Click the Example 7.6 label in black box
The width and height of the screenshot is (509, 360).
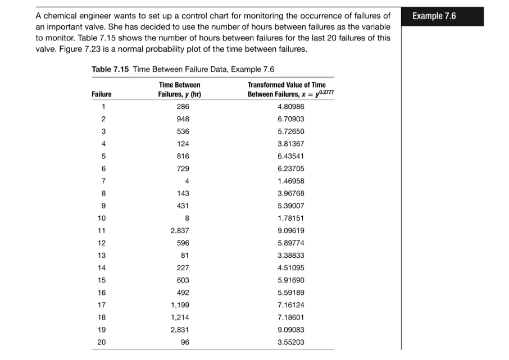(434, 16)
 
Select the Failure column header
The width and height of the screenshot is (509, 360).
(101, 94)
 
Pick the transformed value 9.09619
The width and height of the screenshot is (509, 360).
(291, 230)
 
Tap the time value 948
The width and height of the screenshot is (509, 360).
(183, 119)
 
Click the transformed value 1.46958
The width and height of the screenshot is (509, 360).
(291, 181)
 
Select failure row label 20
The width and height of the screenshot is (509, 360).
(102, 341)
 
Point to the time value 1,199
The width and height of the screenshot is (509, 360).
(180, 304)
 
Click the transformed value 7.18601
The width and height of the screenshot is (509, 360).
(291, 317)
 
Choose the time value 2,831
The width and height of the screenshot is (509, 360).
(180, 329)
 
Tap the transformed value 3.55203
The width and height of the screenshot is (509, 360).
(291, 341)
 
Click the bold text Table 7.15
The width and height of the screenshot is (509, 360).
(110, 69)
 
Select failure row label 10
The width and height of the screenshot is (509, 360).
(102, 218)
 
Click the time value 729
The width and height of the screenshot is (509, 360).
(183, 168)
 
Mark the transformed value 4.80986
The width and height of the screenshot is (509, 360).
(291, 107)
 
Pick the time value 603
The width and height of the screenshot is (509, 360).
(183, 280)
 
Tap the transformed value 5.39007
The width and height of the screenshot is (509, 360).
(291, 206)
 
